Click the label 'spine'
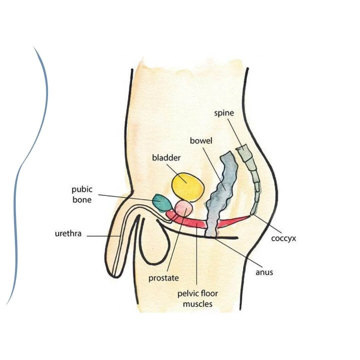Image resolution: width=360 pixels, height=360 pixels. click(x=224, y=113)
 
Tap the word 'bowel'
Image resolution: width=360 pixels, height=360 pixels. click(x=201, y=141)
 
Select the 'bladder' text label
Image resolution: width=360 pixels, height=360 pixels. click(x=166, y=157)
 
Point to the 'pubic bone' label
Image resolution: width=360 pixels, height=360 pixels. click(x=82, y=195)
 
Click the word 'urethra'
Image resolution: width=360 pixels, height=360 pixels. click(x=68, y=234)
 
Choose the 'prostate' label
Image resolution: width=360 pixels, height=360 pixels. click(x=164, y=278)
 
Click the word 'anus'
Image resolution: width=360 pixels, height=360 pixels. click(x=264, y=272)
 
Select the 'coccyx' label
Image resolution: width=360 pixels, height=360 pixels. click(x=283, y=239)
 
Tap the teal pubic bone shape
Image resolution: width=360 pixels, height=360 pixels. click(x=161, y=203)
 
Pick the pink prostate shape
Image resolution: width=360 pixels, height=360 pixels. click(x=184, y=209)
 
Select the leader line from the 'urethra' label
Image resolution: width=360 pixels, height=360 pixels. click(x=103, y=236)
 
